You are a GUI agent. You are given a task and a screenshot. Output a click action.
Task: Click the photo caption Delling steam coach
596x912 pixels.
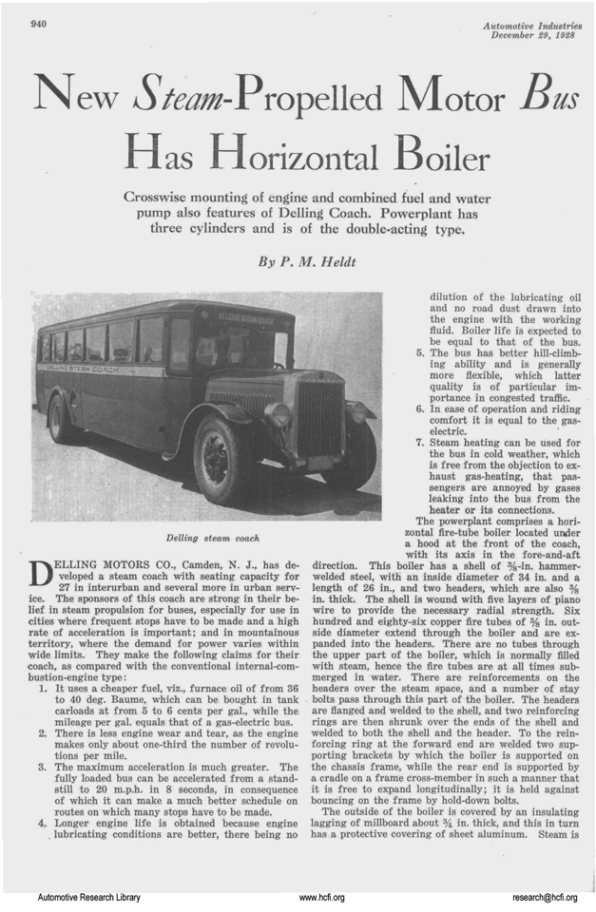pos(206,538)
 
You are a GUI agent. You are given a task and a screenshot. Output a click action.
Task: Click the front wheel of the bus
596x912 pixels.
pos(218,460)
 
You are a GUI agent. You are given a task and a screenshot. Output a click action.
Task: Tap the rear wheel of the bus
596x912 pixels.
pos(59,418)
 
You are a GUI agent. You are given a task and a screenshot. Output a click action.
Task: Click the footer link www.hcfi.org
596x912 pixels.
pos(321,896)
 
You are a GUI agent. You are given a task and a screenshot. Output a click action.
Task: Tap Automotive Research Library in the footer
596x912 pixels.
pos(88,896)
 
